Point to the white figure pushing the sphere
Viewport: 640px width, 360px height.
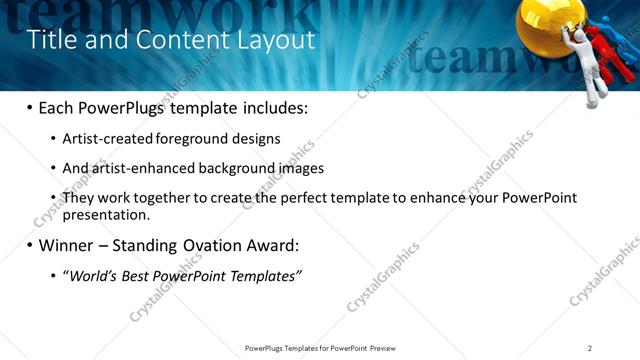click(597, 70)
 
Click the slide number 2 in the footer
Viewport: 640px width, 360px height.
click(589, 348)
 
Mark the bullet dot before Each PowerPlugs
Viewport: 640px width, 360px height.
click(29, 106)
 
